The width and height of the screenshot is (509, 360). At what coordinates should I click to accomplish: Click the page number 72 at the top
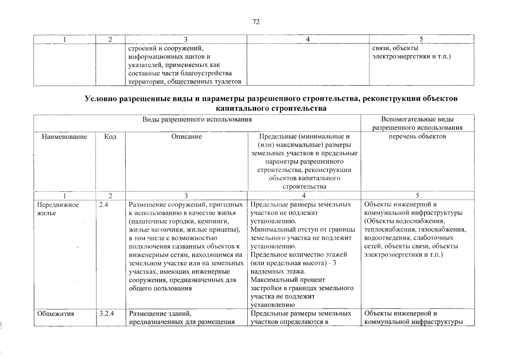coord(256,22)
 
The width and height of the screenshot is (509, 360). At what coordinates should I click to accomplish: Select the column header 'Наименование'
coord(64,137)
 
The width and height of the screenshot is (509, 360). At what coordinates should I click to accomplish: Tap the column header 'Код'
coord(110,137)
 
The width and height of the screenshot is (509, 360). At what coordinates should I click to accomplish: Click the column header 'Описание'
coord(187,137)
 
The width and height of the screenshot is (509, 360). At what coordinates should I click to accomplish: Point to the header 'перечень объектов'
coord(417,136)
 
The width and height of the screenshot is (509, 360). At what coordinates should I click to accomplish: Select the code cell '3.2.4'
coord(106,314)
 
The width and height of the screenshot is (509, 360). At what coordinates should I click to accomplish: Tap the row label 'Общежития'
coord(55,314)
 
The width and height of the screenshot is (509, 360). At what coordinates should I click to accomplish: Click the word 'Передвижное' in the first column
coord(58,205)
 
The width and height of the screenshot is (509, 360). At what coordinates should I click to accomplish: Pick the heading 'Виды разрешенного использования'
coord(197,120)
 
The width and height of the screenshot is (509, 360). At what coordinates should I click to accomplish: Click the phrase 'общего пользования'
coord(160,288)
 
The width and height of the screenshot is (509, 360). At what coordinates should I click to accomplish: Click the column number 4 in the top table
coord(308,39)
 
